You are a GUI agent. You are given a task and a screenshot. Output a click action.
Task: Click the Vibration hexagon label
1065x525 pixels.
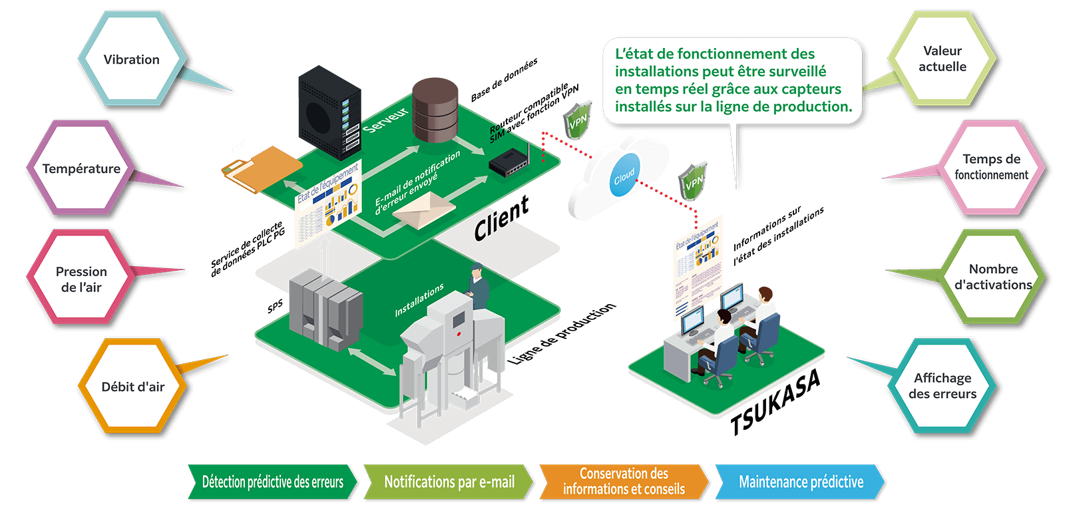coord(131,60)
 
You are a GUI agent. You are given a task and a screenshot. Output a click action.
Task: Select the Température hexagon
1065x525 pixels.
coord(81,169)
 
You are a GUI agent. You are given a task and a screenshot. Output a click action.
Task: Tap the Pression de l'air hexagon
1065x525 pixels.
coord(81,279)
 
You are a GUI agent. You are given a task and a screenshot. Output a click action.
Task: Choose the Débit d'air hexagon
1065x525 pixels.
coord(132,387)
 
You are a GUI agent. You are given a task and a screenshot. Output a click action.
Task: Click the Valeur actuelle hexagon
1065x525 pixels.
coord(942,59)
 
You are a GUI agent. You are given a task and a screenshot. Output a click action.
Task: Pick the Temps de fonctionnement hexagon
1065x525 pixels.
coord(991,167)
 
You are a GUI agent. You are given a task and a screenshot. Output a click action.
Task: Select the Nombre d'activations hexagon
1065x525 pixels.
coord(993,277)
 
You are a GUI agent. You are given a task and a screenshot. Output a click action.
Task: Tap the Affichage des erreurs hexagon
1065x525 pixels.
coord(942,386)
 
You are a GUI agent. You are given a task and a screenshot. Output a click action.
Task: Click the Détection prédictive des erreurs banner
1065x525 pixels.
coord(273,482)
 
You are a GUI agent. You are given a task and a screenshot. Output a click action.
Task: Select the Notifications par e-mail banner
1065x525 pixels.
coord(449,482)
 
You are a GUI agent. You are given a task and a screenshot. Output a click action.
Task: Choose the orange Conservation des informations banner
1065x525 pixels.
coord(624,482)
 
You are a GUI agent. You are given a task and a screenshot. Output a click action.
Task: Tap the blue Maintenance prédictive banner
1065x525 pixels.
coord(801,482)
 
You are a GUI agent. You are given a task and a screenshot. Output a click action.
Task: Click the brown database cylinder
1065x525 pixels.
coord(435,110)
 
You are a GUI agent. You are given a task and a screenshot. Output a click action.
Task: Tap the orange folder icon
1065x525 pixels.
coord(261,168)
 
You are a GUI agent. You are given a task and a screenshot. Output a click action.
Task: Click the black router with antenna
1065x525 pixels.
coord(509,164)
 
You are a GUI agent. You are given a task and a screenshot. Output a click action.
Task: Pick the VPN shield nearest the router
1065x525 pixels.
coord(577,120)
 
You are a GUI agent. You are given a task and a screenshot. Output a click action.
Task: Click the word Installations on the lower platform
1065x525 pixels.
coord(419,301)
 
